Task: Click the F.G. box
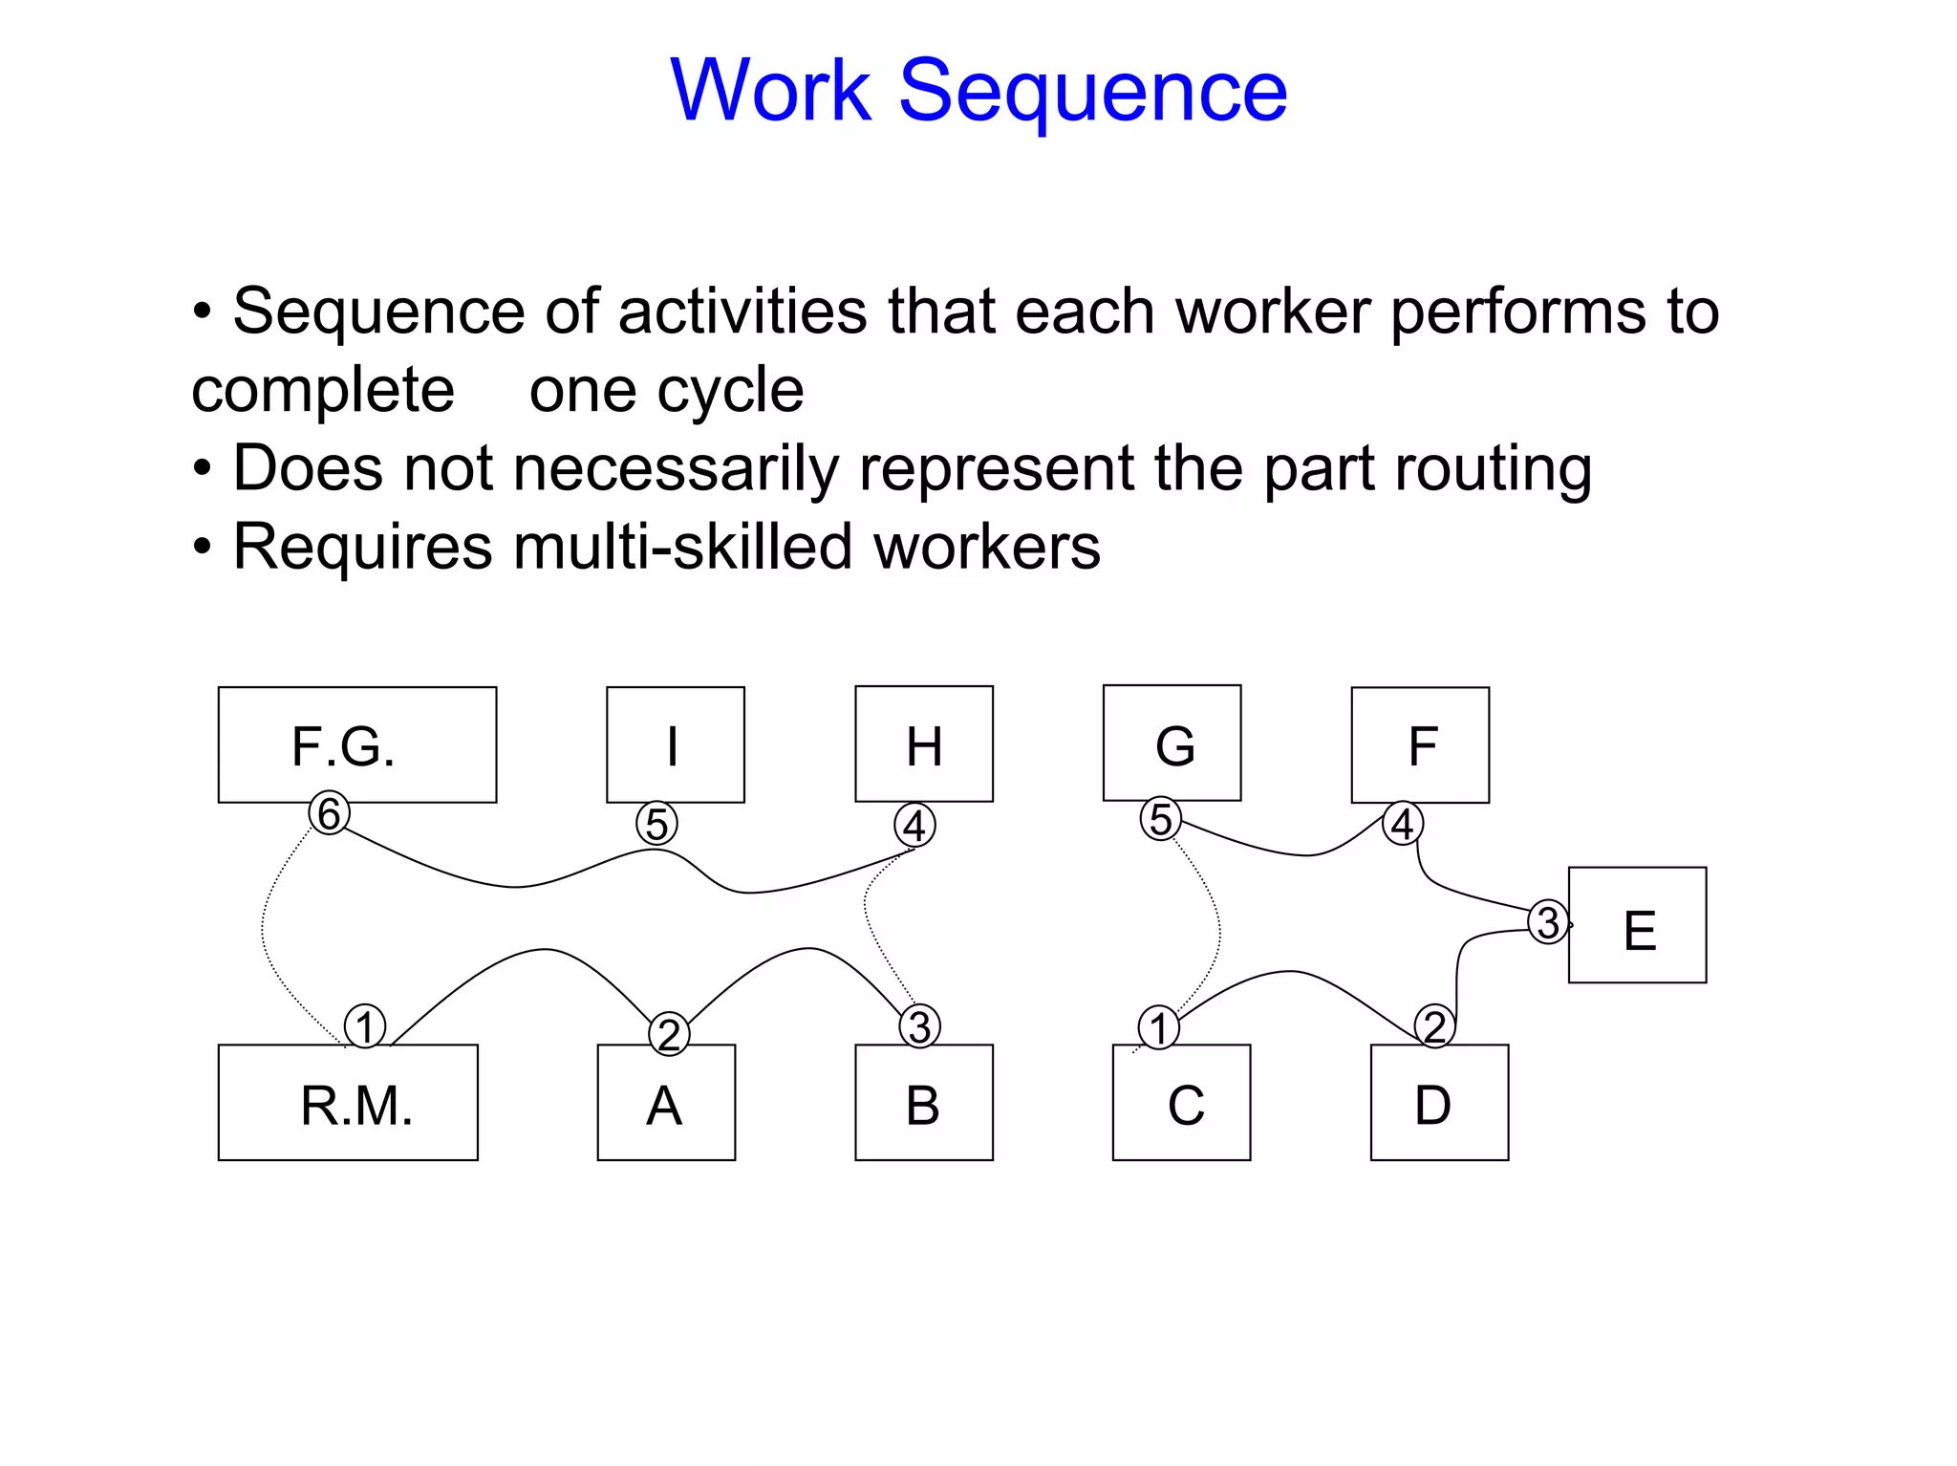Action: tap(356, 744)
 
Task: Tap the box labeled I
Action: tap(675, 744)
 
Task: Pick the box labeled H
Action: tap(923, 744)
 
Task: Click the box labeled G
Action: tap(1172, 743)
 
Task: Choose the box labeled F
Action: tap(1420, 744)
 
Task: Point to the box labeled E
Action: tap(1637, 924)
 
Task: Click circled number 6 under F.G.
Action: tap(329, 813)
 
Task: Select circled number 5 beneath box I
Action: tap(656, 824)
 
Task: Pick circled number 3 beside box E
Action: tap(1547, 922)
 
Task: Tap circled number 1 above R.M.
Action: tap(364, 1027)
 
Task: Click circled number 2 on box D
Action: tap(1434, 1026)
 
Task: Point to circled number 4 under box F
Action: tap(1402, 823)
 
